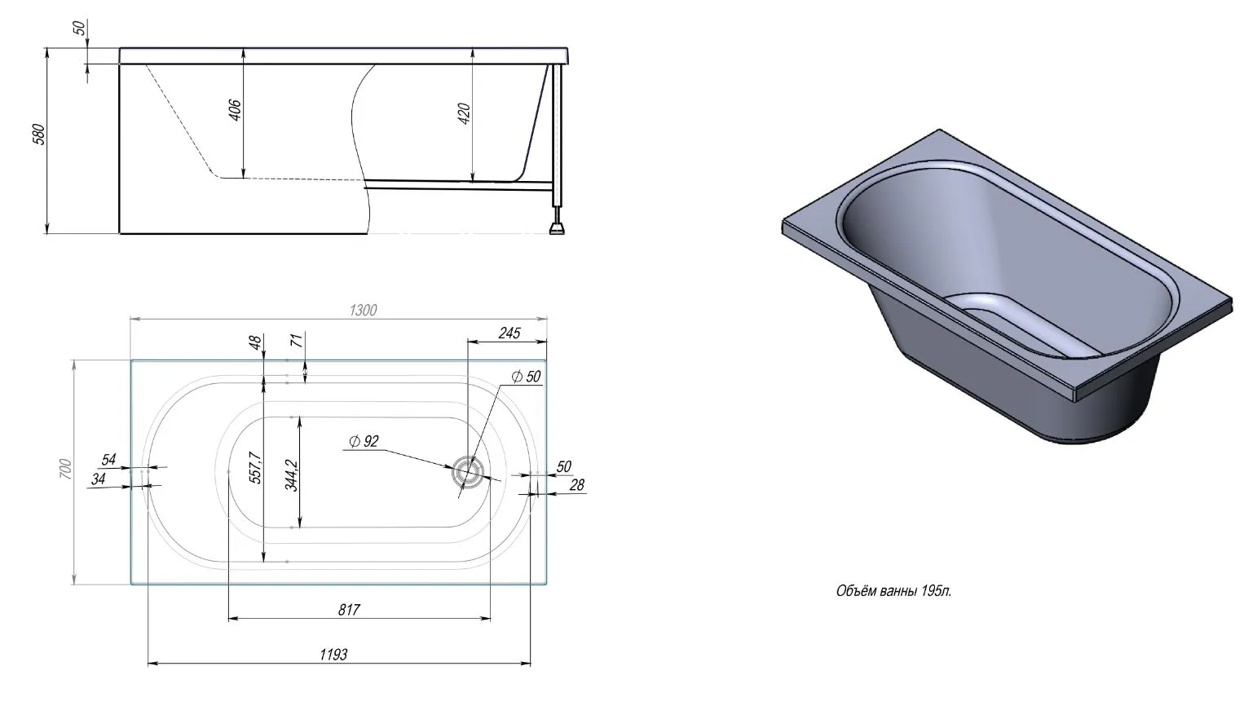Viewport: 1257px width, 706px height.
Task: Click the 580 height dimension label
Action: tap(40, 135)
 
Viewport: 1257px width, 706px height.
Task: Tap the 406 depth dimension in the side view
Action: tap(235, 110)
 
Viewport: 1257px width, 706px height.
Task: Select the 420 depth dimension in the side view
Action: tap(464, 114)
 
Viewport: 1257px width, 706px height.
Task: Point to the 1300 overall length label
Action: tap(363, 310)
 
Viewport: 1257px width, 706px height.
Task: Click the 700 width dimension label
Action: tap(66, 469)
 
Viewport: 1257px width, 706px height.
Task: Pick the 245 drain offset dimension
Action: tap(509, 333)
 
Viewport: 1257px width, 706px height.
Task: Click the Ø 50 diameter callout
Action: tap(526, 376)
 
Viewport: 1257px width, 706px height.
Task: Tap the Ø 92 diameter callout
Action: tap(364, 441)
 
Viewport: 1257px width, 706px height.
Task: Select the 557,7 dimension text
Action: tap(255, 467)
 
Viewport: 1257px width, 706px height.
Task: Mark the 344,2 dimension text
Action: tap(291, 475)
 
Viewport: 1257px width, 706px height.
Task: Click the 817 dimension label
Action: tap(349, 610)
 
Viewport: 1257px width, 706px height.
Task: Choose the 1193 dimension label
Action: tap(333, 655)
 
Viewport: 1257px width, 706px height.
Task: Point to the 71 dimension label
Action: tap(297, 340)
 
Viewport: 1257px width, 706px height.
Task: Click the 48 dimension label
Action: tap(255, 342)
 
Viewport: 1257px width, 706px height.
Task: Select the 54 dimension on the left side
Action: tap(108, 460)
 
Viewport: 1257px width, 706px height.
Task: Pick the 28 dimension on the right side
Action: tap(577, 485)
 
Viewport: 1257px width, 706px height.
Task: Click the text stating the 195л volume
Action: tap(894, 591)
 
